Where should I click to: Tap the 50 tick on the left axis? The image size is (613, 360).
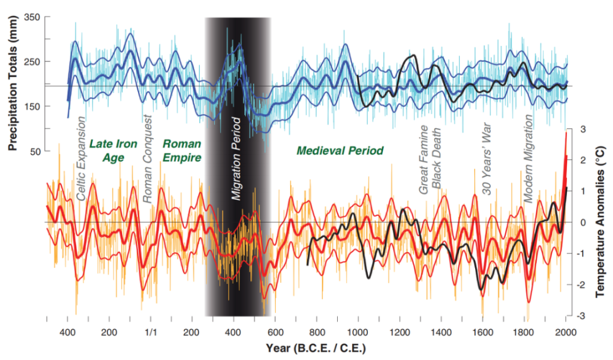tap(34, 151)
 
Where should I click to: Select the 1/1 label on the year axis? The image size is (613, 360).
tap(151, 332)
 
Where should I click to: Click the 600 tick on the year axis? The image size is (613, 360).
tap(275, 332)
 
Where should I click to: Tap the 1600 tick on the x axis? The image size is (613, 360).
tap(482, 332)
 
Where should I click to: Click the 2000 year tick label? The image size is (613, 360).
tap(565, 332)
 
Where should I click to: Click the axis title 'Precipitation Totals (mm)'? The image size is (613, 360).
tap(12, 83)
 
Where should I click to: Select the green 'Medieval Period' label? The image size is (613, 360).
tap(340, 150)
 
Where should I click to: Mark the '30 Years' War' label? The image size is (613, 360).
tap(488, 159)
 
